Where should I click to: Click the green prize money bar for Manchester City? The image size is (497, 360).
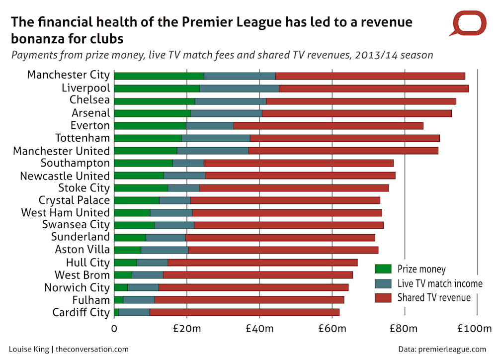(159, 76)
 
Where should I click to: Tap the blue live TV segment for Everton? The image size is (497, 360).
(210, 126)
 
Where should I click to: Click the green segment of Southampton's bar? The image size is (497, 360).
(144, 163)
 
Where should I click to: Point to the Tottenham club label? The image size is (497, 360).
(82, 138)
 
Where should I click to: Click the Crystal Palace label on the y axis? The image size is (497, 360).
(74, 200)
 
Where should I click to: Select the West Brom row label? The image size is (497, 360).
(82, 275)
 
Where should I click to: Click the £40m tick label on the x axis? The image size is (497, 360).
(259, 329)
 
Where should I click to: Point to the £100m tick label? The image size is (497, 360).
(474, 329)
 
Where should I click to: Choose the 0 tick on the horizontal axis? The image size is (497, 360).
(114, 329)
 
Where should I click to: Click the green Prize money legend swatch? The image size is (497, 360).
(383, 269)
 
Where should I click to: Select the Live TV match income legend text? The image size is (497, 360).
(440, 283)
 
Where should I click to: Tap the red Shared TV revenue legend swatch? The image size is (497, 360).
(383, 298)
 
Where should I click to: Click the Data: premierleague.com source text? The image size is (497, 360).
(442, 349)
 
